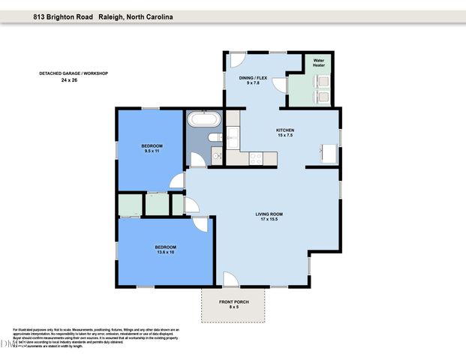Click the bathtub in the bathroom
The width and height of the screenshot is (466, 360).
click(203, 119)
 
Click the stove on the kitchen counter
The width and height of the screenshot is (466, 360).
click(255, 158)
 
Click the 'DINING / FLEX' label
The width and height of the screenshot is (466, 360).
click(252, 77)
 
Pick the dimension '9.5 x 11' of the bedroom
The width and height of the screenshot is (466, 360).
click(152, 151)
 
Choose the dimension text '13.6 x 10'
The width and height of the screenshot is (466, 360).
click(165, 253)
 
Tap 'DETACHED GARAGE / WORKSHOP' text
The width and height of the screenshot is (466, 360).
click(74, 73)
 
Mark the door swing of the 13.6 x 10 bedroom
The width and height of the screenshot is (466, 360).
click(200, 223)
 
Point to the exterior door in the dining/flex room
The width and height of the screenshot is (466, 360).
click(239, 59)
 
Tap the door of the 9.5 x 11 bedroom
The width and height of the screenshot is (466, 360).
click(177, 181)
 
